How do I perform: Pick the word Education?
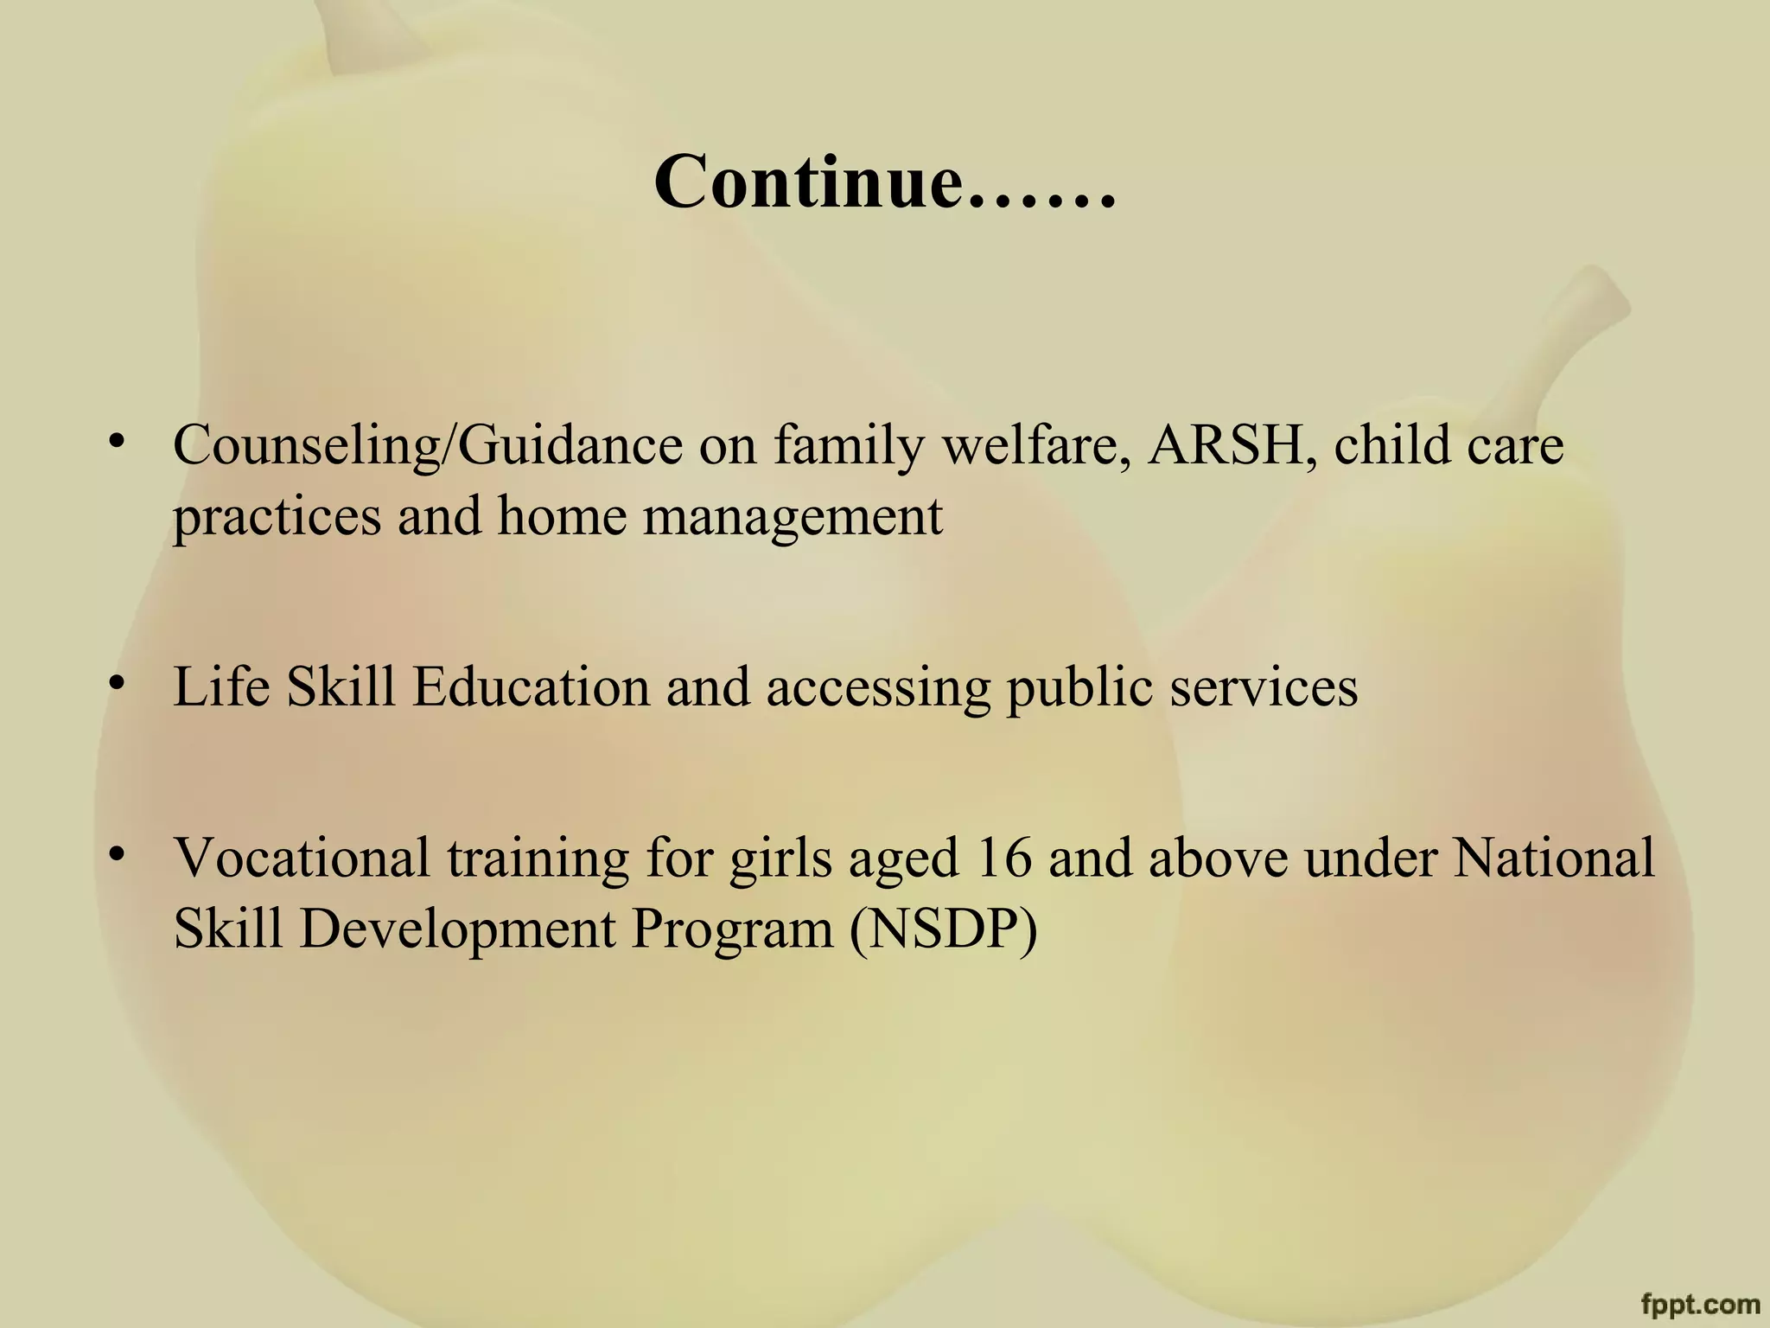(531, 687)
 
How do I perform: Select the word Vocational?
(302, 858)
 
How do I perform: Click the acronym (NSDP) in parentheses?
(943, 930)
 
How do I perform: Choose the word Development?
(457, 930)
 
